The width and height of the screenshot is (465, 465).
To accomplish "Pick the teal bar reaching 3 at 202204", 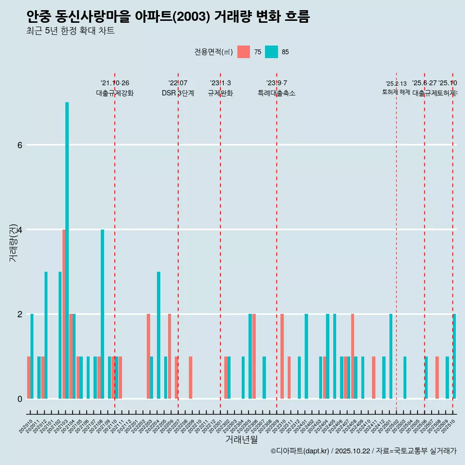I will coord(158,335).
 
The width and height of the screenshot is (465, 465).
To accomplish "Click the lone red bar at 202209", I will coord(191,378).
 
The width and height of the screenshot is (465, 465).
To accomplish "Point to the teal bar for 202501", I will coord(391,356).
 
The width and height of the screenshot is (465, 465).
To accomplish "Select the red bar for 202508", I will coord(437,378).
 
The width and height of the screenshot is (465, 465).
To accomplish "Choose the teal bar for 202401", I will coord(306,356).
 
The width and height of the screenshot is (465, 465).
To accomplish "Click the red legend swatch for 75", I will coord(244,52).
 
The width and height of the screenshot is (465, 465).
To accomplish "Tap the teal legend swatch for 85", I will coord(271,52).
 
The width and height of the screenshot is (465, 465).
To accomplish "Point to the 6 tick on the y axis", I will coord(19,145).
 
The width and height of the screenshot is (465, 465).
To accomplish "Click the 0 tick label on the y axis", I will coord(19,399).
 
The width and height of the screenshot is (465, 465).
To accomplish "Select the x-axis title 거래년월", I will coord(241,439).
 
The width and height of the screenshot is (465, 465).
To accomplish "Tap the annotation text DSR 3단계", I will coord(178,93).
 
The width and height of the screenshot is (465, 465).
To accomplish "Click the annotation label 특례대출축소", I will coord(276,93).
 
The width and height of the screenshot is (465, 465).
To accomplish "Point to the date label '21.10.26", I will coord(115,83).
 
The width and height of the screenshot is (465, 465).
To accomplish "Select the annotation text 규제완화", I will coord(220,93).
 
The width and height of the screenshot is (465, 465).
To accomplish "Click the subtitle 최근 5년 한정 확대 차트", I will coord(71,31).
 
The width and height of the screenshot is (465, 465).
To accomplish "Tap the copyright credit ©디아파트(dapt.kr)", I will coord(300,451).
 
